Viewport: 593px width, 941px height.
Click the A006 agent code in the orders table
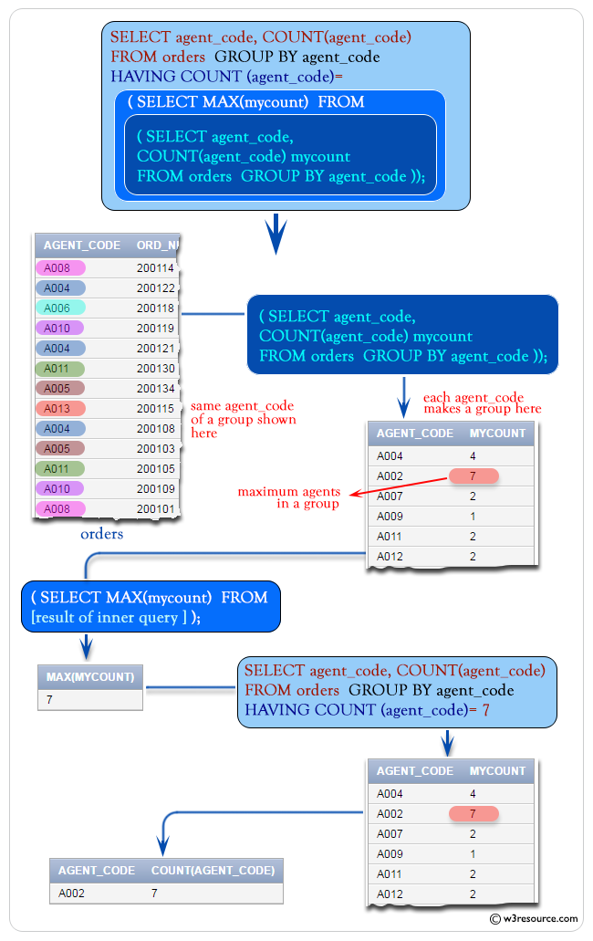60,308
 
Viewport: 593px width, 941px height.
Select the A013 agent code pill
60,409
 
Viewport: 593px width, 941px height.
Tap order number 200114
155,268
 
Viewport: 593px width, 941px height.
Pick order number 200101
155,509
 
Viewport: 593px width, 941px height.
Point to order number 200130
155,369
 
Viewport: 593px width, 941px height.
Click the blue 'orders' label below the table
101,534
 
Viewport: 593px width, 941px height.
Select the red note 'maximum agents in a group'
288,497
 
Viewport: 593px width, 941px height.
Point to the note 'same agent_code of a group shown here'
243,420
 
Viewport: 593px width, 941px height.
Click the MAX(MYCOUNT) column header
89,677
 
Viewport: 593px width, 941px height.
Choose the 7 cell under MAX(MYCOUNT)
49,700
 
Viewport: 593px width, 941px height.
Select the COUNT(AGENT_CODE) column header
213,871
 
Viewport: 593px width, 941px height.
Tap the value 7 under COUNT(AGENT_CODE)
154,894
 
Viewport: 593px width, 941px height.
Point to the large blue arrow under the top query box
275,234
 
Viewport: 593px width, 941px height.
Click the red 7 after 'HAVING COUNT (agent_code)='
485,710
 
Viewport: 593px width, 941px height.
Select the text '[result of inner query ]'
109,618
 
